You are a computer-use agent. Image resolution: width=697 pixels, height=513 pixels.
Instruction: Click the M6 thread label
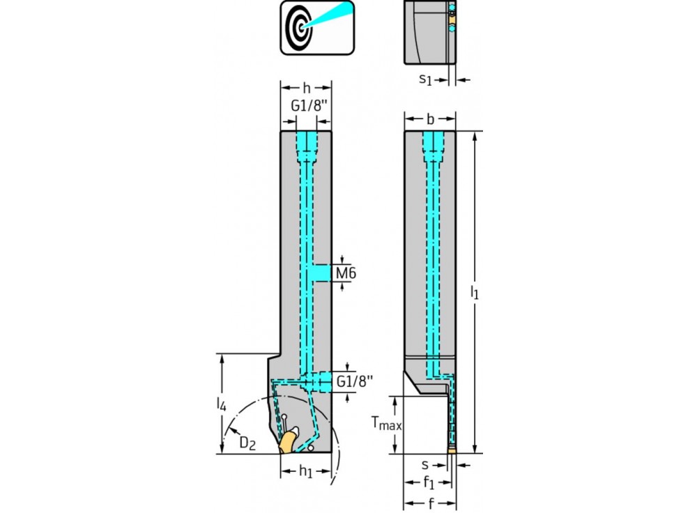[346, 273]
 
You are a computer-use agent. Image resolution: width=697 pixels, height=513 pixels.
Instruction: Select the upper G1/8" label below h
[309, 106]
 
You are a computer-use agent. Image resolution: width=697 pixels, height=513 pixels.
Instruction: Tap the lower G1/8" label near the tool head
[354, 381]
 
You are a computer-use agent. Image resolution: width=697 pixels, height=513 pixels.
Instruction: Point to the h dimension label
[306, 88]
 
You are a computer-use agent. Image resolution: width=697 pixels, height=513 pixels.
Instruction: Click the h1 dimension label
[305, 471]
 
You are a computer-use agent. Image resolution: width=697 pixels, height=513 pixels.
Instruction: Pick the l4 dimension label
[222, 404]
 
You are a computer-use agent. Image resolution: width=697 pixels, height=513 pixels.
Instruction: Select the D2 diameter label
[247, 443]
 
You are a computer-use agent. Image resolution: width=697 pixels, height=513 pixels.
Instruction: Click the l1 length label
[474, 292]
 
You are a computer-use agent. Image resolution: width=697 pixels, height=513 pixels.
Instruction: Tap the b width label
[430, 118]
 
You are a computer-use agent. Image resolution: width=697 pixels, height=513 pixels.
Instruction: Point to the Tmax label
[386, 423]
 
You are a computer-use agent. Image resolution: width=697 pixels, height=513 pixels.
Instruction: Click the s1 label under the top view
[425, 80]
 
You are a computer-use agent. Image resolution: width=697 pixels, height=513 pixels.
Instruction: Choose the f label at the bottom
[431, 504]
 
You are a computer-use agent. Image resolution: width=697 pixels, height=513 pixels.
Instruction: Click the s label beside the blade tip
[425, 465]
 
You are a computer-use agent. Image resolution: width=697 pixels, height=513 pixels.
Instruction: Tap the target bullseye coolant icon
[317, 28]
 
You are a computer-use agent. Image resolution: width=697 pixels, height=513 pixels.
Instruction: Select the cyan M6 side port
[321, 273]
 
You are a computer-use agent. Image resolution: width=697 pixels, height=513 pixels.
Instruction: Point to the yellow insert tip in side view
[452, 451]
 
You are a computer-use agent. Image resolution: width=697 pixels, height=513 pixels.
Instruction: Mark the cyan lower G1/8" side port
[321, 382]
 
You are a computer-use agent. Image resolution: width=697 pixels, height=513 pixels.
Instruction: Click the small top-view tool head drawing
[430, 33]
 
